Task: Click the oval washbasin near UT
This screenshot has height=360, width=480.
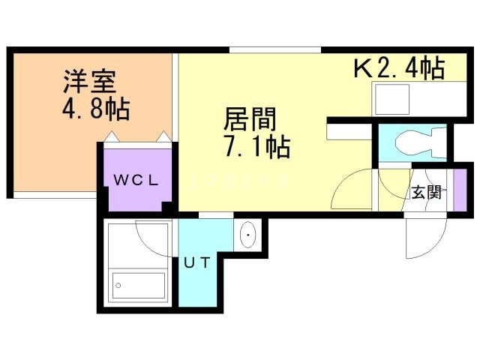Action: pyautogui.click(x=247, y=236)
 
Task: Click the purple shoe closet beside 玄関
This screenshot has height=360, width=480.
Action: pyautogui.click(x=460, y=190)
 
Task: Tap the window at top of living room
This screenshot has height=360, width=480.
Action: pyautogui.click(x=275, y=50)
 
